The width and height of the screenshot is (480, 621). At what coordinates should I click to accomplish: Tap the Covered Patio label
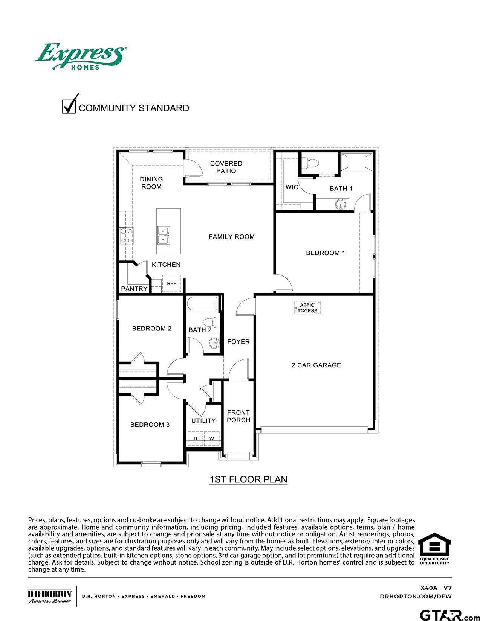(x=226, y=167)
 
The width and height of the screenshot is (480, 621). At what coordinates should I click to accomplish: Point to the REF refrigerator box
(x=172, y=283)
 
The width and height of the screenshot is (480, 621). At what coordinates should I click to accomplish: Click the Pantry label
(x=134, y=289)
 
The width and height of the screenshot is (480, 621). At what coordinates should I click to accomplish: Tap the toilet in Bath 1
(x=313, y=163)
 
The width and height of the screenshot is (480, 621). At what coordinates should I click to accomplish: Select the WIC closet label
(x=292, y=187)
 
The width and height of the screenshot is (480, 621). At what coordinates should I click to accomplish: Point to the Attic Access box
(x=307, y=308)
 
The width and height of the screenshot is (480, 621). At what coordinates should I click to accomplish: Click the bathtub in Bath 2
(x=202, y=304)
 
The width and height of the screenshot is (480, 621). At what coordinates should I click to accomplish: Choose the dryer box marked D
(x=195, y=438)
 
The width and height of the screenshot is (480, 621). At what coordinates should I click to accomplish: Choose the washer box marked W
(x=212, y=438)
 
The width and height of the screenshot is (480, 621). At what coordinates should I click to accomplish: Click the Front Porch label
(x=238, y=416)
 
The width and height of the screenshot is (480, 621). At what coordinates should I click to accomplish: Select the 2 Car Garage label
(x=316, y=365)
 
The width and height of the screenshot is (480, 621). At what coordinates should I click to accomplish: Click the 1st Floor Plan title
(x=248, y=479)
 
